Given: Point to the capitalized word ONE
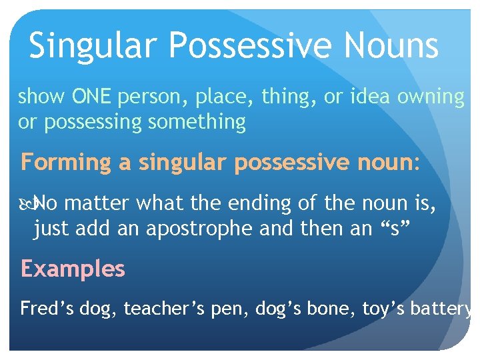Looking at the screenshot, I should pos(93,97).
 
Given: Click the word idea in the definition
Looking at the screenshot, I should pos(371,97).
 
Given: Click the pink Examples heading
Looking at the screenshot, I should pos(73,269).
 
